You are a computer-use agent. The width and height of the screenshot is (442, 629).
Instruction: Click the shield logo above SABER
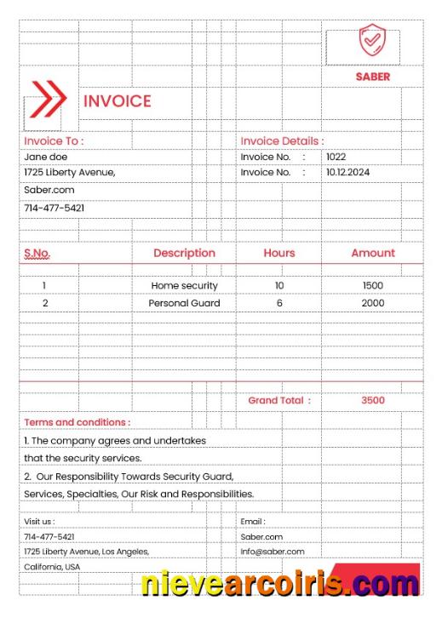coord(372,41)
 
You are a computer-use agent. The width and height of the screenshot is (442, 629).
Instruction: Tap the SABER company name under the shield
coord(373,77)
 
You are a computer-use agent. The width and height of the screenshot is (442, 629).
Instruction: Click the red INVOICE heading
coord(117,101)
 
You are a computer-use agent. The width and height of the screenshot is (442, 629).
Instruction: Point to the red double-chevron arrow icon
coord(48,98)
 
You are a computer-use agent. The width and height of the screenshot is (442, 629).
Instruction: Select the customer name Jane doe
coord(45,157)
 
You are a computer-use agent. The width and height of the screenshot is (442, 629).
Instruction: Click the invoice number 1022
coord(336,157)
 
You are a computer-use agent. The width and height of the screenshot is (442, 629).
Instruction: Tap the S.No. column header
coord(37,253)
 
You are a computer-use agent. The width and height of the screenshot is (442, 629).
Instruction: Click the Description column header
coord(184,253)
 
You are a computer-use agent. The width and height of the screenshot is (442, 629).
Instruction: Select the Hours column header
coord(279,253)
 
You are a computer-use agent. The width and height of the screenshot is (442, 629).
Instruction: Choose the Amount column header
coord(373,253)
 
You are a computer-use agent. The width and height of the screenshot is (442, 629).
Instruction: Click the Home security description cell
coord(184,286)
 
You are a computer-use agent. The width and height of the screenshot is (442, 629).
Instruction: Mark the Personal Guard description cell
coord(184,303)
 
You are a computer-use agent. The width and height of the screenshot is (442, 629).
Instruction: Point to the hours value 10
coord(279,286)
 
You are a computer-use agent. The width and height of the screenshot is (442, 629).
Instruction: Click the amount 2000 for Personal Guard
coord(373,303)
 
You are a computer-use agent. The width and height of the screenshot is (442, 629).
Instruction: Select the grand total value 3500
coord(373,400)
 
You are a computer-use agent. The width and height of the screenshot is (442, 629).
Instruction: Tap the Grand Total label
coord(279,400)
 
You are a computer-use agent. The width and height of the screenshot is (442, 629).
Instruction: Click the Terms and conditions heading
coord(77,422)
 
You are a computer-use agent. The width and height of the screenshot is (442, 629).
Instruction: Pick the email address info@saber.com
coord(272,552)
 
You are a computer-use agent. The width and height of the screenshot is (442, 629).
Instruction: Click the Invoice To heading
coord(54,141)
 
